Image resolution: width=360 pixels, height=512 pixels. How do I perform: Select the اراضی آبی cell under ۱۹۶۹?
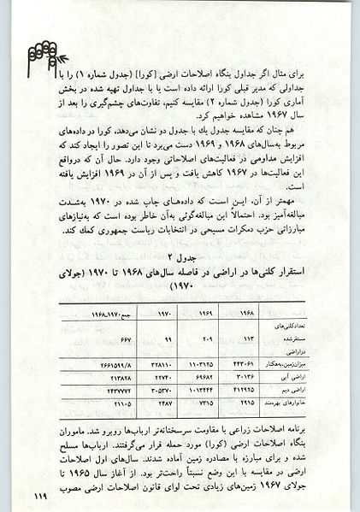[x=205, y=375]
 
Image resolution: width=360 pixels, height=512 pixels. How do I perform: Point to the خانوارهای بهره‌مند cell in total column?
[x=118, y=402]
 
